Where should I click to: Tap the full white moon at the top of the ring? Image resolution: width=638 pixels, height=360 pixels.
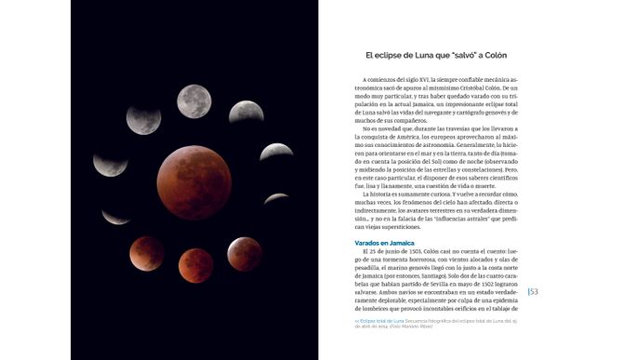193,100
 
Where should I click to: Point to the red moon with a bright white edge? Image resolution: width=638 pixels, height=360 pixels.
245,253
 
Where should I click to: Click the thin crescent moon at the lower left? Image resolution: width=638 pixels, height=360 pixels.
115,218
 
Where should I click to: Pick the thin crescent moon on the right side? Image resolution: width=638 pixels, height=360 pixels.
276,197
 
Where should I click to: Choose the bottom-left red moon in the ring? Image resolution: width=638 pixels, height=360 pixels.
146,252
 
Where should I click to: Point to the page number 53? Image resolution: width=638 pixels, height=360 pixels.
534,291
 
